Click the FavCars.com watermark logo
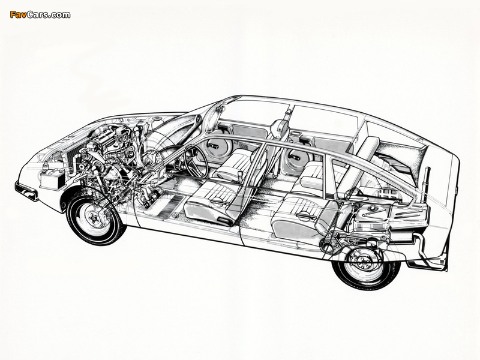(40, 14)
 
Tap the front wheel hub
(93, 217)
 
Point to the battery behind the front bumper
(52, 179)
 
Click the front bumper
(26, 191)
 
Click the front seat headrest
(278, 128)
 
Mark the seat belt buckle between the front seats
(240, 175)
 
